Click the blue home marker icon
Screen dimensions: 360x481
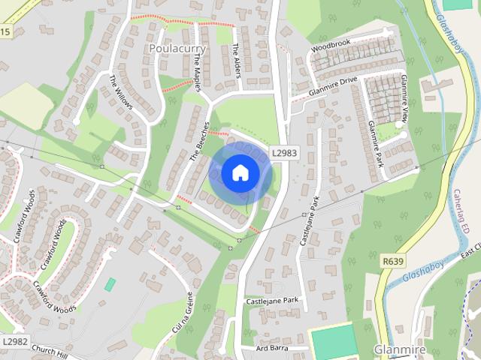tap(239, 173)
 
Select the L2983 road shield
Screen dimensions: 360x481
tap(284, 152)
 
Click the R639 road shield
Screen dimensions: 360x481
tap(392, 262)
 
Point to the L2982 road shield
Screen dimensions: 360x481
tap(14, 341)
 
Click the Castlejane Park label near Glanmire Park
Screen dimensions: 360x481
tap(310, 220)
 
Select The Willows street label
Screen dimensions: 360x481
tap(120, 92)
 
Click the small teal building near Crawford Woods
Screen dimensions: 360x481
tap(110, 285)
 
